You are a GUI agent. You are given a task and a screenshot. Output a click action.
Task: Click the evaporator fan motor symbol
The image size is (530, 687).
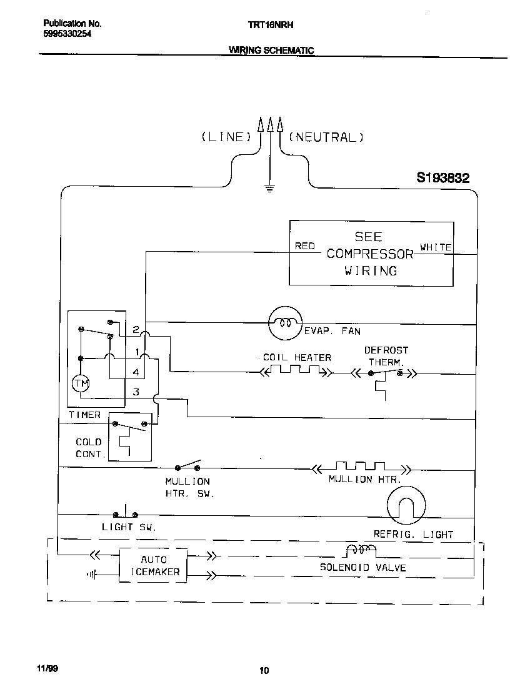pyautogui.click(x=285, y=323)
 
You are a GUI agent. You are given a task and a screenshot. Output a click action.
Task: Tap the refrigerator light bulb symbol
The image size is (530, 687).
pyautogui.click(x=406, y=505)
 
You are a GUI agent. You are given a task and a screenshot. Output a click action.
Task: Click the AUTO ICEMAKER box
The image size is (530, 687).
pyautogui.click(x=153, y=566)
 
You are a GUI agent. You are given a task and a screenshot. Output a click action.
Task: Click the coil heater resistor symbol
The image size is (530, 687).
pyautogui.click(x=296, y=372)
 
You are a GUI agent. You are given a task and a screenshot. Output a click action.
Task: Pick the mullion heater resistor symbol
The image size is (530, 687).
pyautogui.click(x=361, y=467)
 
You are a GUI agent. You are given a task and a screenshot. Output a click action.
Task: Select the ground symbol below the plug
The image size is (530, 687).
pyautogui.click(x=270, y=187)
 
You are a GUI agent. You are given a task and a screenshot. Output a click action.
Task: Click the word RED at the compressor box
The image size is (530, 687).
pyautogui.click(x=305, y=246)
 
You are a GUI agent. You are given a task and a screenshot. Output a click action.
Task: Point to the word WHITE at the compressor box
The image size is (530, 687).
pyautogui.click(x=436, y=247)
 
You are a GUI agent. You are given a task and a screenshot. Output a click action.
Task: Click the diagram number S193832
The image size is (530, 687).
pyautogui.click(x=442, y=179)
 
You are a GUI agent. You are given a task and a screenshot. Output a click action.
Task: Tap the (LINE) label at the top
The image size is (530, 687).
pyautogui.click(x=226, y=137)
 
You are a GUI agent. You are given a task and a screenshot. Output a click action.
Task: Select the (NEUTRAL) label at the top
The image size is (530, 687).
pyautogui.click(x=326, y=137)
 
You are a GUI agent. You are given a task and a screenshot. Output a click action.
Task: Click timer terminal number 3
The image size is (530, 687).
pyautogui.click(x=136, y=392)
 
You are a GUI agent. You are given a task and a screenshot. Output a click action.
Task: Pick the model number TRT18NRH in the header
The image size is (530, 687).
pyautogui.click(x=267, y=24)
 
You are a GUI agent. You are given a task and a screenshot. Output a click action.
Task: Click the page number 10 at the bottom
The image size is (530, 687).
pyautogui.click(x=264, y=671)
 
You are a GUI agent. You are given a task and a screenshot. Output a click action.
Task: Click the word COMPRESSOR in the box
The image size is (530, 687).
pyautogui.click(x=370, y=254)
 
